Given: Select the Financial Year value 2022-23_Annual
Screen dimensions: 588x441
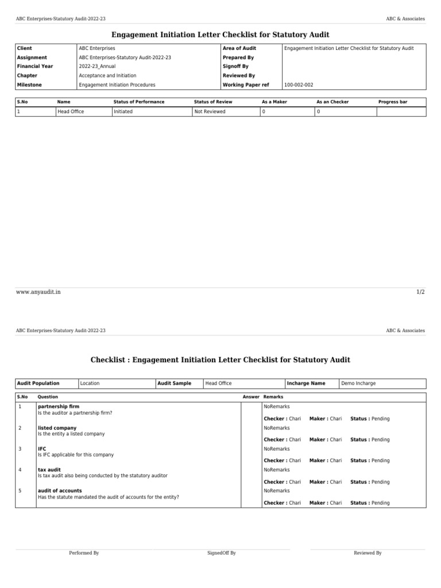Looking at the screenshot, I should coord(97,67).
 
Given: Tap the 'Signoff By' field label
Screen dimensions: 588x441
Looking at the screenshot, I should coord(235,67).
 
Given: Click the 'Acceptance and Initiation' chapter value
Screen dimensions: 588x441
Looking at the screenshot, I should coord(107,76).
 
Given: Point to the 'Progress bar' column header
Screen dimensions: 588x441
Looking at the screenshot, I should coord(393,102).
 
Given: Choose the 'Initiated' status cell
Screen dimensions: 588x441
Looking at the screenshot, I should coord(123,111).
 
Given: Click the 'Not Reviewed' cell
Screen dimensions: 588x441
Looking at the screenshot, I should coord(210,111).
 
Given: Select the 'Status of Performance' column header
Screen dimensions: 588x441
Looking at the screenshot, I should coord(139,102).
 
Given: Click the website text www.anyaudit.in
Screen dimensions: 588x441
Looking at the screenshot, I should coord(38,292).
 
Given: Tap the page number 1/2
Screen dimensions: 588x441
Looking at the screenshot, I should coord(420,292).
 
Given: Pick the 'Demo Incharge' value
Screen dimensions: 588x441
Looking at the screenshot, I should coord(358,383).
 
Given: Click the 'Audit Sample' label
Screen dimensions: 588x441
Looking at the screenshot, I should coord(174,383).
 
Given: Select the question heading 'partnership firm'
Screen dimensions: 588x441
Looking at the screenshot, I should coord(59,407).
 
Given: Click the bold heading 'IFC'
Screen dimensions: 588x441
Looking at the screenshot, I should coord(42,448).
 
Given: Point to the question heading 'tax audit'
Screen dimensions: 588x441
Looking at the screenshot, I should coord(49,470).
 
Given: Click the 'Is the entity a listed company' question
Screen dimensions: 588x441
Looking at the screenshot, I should coord(71,434).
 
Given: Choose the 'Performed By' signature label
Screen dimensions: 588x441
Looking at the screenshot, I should coord(84,553).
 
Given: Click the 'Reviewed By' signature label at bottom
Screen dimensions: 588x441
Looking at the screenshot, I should coord(367,553).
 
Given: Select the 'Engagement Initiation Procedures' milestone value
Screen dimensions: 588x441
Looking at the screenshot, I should coord(117,84).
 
